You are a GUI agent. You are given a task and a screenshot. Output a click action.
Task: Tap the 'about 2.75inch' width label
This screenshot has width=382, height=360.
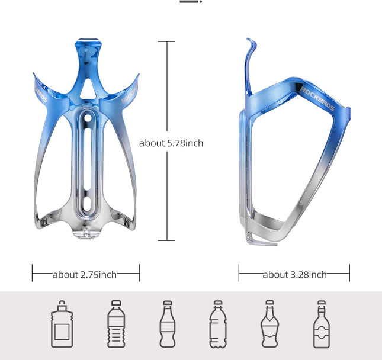85,274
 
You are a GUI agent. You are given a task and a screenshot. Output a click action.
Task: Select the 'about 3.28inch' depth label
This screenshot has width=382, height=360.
294,274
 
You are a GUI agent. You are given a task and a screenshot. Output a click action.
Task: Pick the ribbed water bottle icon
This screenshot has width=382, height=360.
116,324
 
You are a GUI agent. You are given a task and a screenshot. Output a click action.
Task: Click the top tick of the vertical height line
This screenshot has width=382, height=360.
166,41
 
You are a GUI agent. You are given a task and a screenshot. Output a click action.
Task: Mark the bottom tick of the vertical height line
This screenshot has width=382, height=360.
166,240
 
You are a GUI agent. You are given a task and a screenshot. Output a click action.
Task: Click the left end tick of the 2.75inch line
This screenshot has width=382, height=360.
33,273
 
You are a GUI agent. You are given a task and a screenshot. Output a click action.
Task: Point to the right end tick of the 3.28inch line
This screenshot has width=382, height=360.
349,273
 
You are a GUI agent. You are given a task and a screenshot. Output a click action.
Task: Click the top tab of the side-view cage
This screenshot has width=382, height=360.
251,45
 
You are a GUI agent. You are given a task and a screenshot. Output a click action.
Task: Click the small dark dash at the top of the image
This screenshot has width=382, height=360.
189,2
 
